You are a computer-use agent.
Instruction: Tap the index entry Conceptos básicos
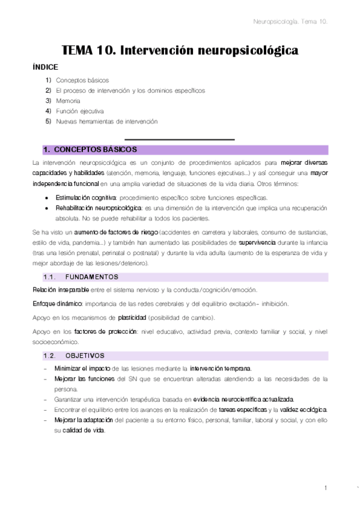82,80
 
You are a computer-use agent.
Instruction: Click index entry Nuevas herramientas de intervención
106,121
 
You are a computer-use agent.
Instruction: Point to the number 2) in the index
48,90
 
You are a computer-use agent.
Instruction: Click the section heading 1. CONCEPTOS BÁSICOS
90,149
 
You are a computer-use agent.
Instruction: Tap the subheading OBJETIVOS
85,355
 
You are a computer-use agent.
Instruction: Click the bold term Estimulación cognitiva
86,198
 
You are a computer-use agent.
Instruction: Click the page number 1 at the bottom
325,488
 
